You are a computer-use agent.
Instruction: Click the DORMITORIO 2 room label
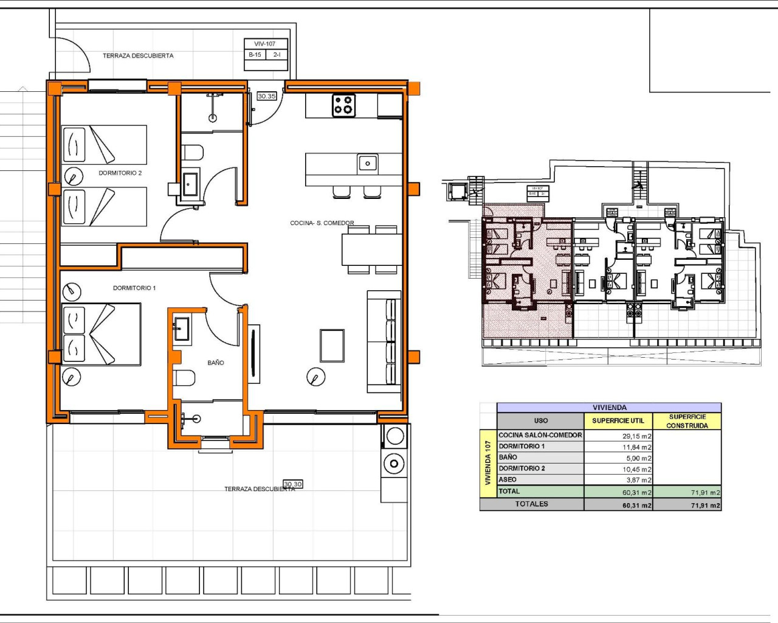pos(120,173)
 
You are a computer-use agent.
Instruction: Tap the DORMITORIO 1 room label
pos(134,288)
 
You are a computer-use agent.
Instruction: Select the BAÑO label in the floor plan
pos(215,363)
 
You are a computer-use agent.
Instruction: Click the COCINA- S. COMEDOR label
pos(322,223)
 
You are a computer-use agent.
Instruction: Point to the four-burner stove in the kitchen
pos(343,105)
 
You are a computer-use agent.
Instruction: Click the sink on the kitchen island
pos(367,163)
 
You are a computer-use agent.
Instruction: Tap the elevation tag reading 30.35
pos(266,96)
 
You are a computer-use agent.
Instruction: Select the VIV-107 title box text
pos(264,44)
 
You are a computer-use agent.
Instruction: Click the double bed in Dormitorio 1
pos(102,335)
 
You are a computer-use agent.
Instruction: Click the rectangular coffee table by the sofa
pos(332,346)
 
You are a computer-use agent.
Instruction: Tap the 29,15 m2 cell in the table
pos(636,436)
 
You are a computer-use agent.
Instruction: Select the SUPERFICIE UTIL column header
pos(618,421)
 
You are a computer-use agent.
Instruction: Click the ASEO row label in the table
pos(508,480)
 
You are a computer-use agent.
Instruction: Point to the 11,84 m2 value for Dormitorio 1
pos(636,447)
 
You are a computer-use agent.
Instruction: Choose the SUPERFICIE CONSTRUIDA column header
pos(687,421)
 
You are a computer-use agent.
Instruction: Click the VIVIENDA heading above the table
pos(609,408)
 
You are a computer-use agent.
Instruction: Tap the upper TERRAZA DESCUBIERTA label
pos(138,56)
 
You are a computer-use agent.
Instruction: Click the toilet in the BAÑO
pos(184,378)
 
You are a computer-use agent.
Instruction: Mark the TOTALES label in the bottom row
pos(531,504)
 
